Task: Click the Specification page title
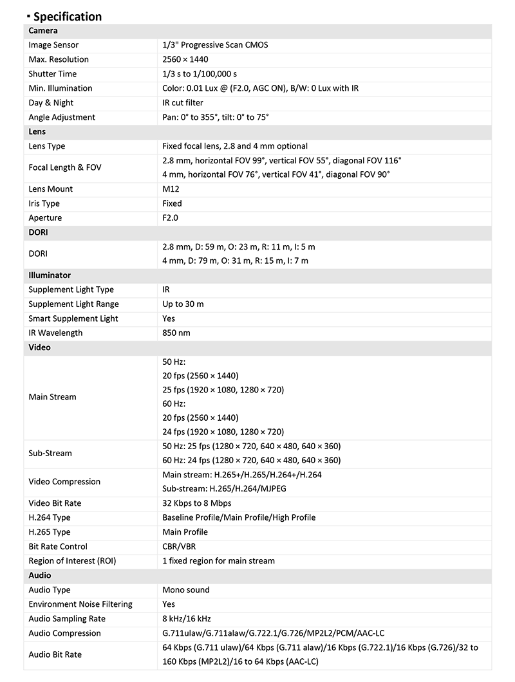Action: [x=67, y=17]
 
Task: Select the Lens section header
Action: [x=37, y=131]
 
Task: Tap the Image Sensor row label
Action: [x=53, y=45]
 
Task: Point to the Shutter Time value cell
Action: [x=200, y=74]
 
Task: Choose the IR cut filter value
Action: [x=183, y=103]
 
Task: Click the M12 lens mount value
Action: [x=171, y=189]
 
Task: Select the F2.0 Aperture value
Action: [x=171, y=218]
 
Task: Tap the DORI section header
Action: [x=39, y=232]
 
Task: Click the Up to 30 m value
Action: [x=183, y=304]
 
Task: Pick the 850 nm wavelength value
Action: [x=176, y=333]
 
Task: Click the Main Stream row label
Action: [x=52, y=397]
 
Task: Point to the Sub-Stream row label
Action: [x=50, y=453]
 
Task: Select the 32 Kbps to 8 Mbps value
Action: [x=196, y=503]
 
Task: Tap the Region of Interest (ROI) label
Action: [x=71, y=561]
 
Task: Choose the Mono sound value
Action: [x=186, y=590]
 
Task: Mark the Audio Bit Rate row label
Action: [x=55, y=654]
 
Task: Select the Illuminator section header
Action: [x=50, y=275]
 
